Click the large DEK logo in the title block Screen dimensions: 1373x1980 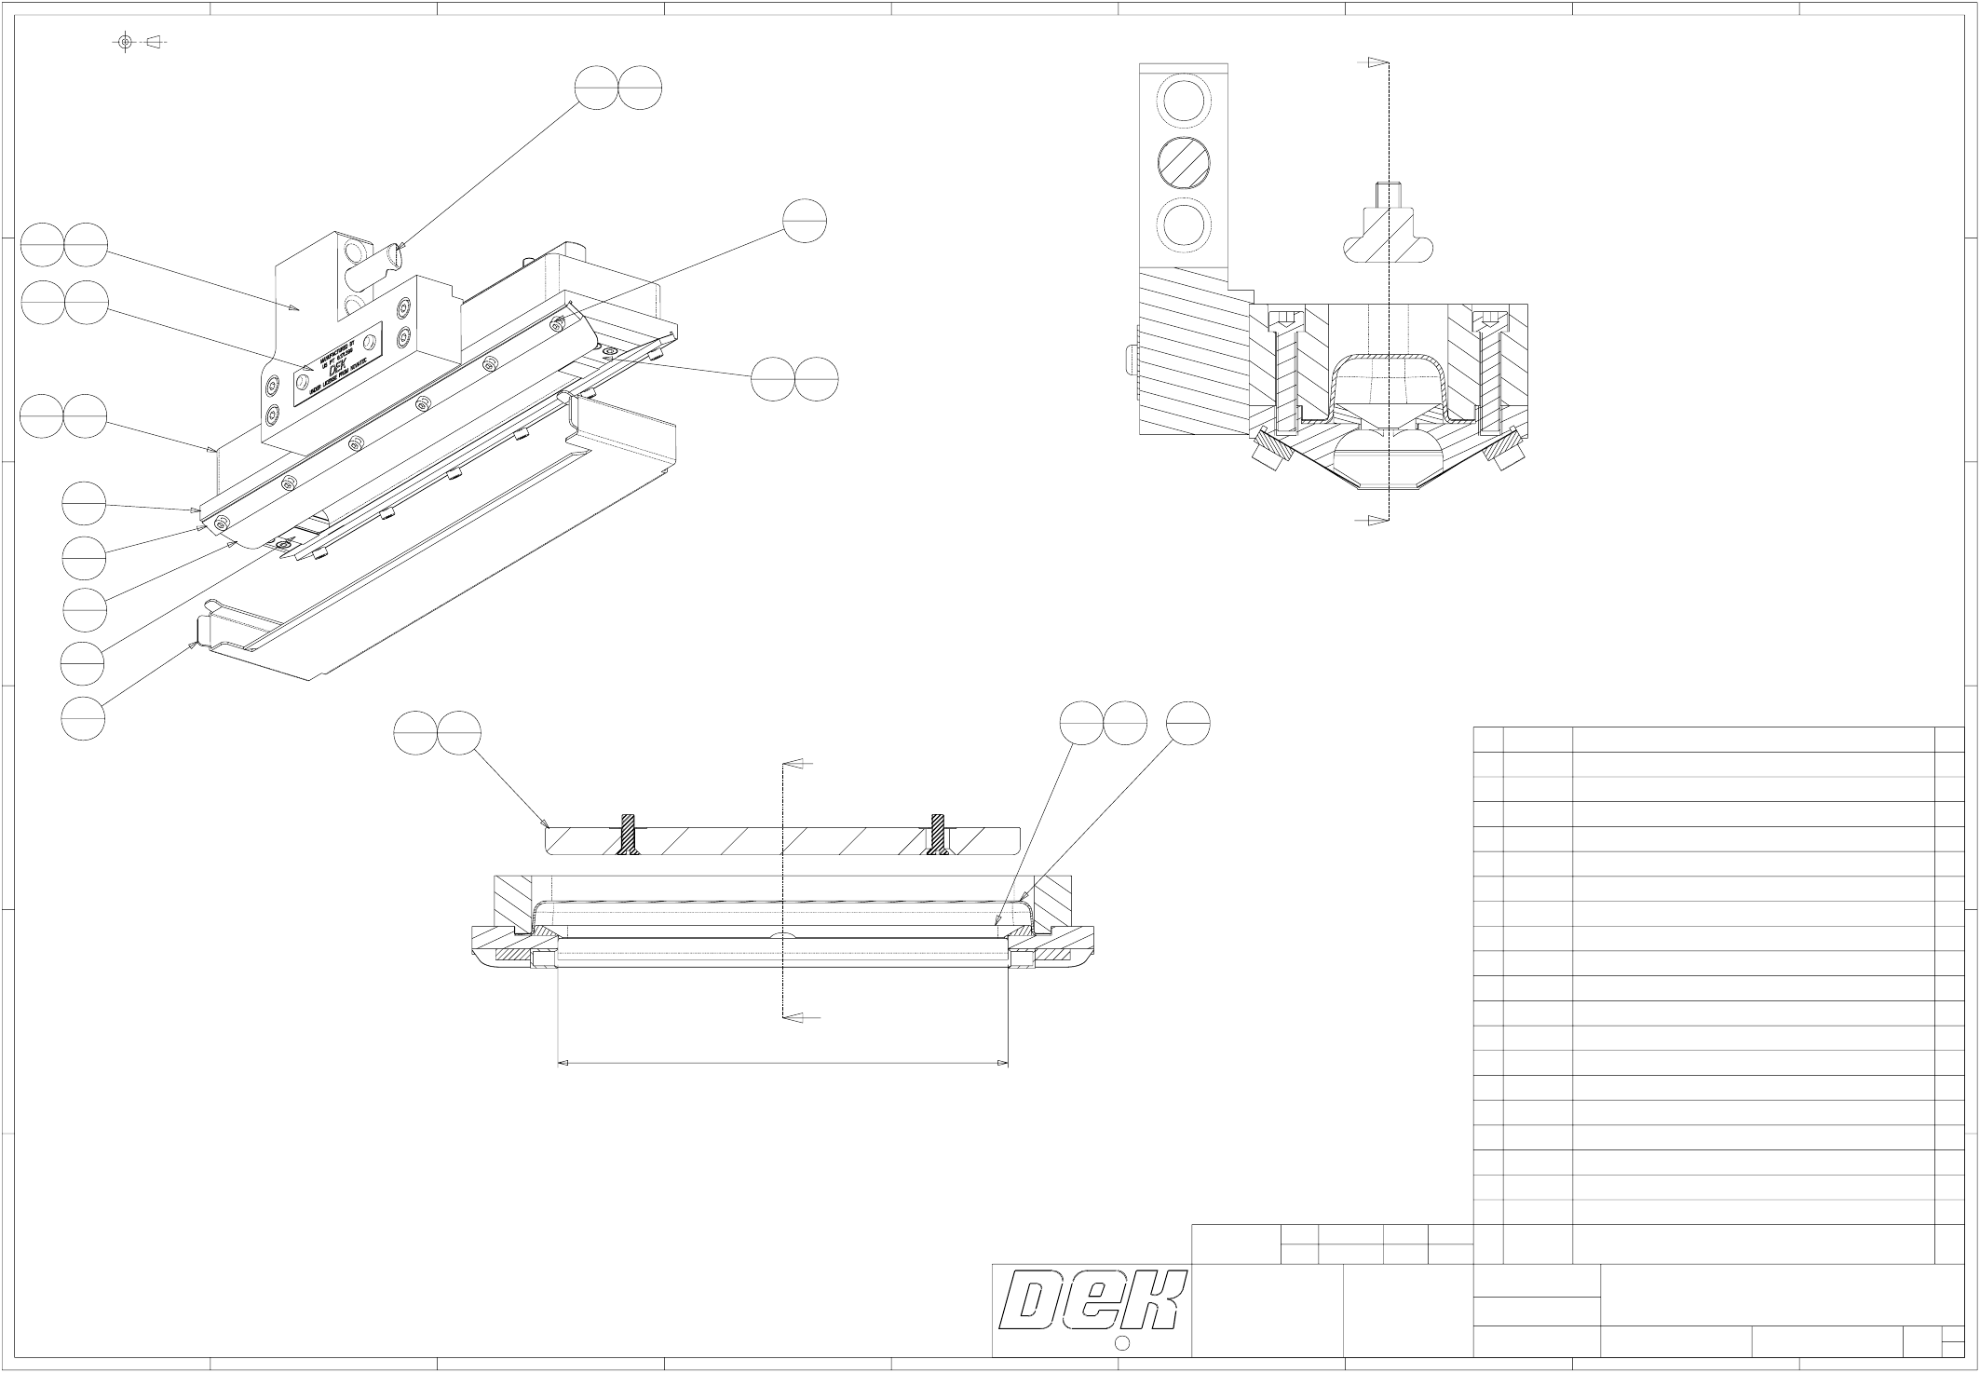[x=1091, y=1300]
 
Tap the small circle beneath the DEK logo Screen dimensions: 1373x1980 [x=1122, y=1342]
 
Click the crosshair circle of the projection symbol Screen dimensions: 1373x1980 [x=126, y=42]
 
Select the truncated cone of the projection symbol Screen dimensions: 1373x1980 [x=155, y=42]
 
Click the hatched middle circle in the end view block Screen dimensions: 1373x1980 [x=1183, y=165]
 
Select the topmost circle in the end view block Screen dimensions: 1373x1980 [x=1183, y=100]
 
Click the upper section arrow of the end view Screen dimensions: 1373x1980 [x=1377, y=62]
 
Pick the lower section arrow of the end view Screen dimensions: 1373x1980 [x=1377, y=521]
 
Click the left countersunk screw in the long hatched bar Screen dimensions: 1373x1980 [x=631, y=833]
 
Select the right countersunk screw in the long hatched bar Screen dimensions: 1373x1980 [x=939, y=833]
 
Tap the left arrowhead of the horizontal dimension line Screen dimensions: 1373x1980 [x=563, y=1063]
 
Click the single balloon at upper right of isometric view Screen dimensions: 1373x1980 [x=805, y=222]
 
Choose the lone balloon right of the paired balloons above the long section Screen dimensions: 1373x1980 [x=1188, y=724]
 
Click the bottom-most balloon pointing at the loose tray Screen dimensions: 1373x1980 [x=83, y=718]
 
